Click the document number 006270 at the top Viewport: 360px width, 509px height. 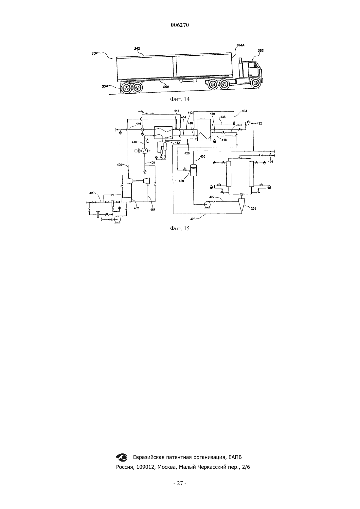point(180,25)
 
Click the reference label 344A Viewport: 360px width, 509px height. point(241,45)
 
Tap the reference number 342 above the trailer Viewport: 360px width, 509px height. point(137,48)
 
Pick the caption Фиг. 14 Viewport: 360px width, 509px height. point(180,99)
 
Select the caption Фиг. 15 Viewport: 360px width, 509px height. point(180,229)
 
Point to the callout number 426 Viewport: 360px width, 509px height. point(193,219)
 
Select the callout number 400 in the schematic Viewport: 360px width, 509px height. point(92,193)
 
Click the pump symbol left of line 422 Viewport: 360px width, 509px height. point(207,205)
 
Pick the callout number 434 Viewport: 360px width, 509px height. point(244,111)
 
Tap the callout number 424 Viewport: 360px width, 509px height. point(270,162)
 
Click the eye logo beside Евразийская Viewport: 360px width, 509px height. point(122,457)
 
